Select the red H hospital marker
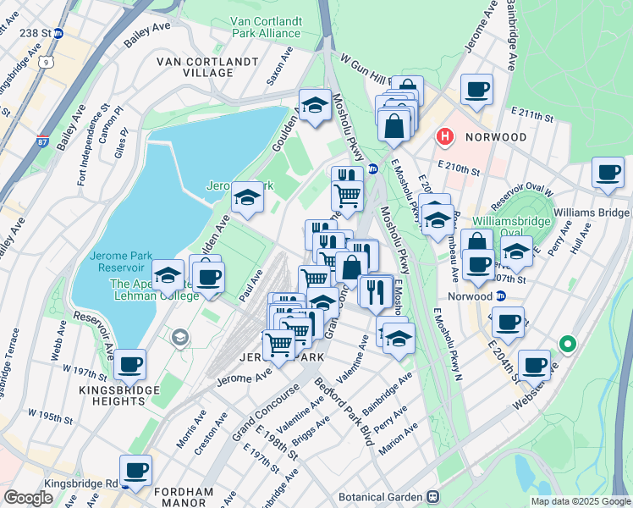point(443,136)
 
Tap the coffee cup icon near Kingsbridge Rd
point(135,469)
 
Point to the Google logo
point(28,498)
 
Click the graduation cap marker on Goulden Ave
point(247,198)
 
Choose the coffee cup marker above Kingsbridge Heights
point(129,364)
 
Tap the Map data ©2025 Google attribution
point(580,501)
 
